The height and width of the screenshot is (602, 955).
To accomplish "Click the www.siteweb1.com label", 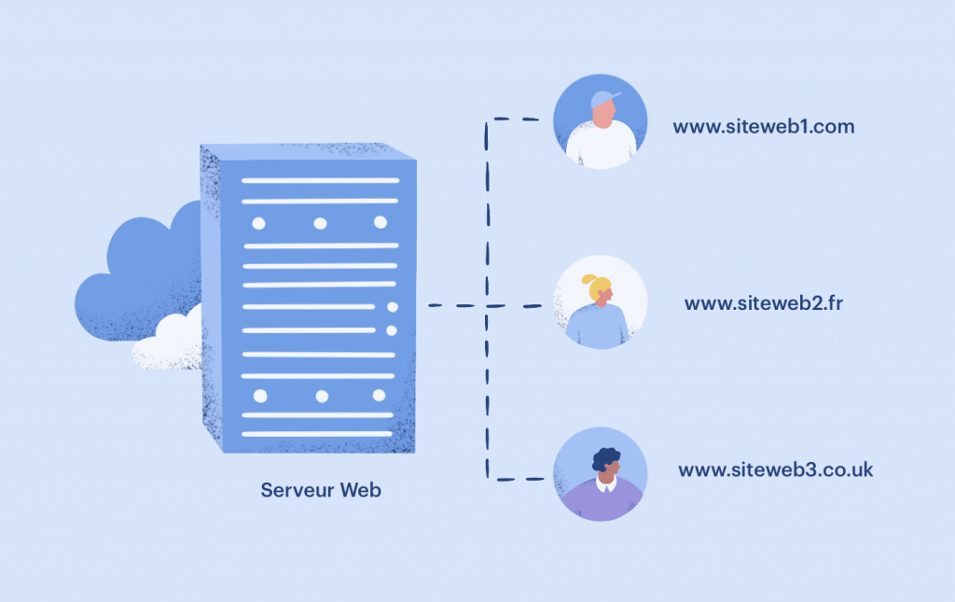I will click(763, 126).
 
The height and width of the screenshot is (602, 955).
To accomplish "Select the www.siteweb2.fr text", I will click(763, 303).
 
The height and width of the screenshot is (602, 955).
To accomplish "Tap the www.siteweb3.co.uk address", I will click(775, 469).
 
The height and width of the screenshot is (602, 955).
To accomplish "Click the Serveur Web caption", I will click(321, 489).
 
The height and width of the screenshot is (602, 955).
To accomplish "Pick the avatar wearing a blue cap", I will click(601, 121).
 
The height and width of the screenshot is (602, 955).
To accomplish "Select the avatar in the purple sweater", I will click(601, 474).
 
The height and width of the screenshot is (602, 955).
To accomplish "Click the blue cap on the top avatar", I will click(602, 99).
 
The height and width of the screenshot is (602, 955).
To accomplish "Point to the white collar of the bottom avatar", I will click(607, 486).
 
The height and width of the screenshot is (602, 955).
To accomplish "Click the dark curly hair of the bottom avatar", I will click(606, 457).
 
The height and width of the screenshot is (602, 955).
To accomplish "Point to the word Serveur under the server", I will click(296, 489).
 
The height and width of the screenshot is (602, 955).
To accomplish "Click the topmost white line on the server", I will click(320, 180).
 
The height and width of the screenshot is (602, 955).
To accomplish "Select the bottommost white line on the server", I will click(317, 434).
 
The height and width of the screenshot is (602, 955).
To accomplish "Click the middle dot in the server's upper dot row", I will click(320, 223).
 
